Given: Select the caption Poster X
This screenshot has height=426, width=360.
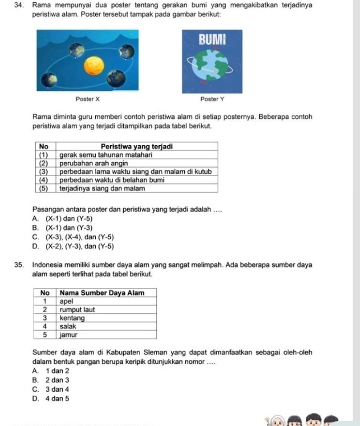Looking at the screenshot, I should [x=87, y=99].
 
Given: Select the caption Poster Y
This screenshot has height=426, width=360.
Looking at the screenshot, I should [x=212, y=99].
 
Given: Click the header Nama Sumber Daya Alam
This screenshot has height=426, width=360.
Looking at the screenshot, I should [x=102, y=292].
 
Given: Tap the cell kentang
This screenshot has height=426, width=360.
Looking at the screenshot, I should [x=72, y=317].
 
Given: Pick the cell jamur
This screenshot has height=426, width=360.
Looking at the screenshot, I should [x=69, y=334].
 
